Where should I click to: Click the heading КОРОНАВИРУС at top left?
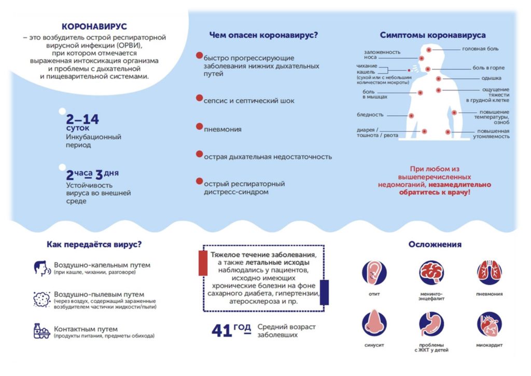[94, 26]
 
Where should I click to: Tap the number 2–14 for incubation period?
[82, 119]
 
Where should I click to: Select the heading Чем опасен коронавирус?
[263, 35]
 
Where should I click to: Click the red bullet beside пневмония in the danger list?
[199, 127]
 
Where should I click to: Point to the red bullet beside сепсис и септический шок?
[199, 98]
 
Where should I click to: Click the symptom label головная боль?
[480, 49]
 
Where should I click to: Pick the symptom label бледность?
[370, 115]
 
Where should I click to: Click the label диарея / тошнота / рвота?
[378, 132]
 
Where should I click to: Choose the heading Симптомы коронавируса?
[432, 35]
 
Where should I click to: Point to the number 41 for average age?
[222, 331]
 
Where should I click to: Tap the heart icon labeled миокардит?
[489, 324]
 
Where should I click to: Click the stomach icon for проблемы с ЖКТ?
[431, 324]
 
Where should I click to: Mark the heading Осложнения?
[435, 245]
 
